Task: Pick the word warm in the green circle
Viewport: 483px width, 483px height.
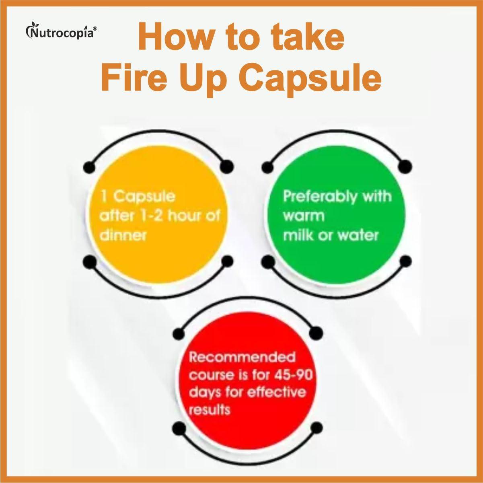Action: point(303,216)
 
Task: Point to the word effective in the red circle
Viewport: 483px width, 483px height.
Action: point(275,392)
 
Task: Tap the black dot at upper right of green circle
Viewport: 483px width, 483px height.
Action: point(406,165)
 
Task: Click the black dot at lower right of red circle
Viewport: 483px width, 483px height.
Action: point(317,427)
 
